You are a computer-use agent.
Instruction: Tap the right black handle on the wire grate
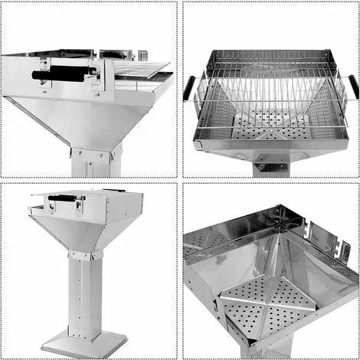pos(353,87)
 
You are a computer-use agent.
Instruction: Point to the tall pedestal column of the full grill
pos(88,291)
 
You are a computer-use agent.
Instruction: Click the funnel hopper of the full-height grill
pos(84,230)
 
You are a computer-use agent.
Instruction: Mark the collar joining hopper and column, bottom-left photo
pos(86,254)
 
